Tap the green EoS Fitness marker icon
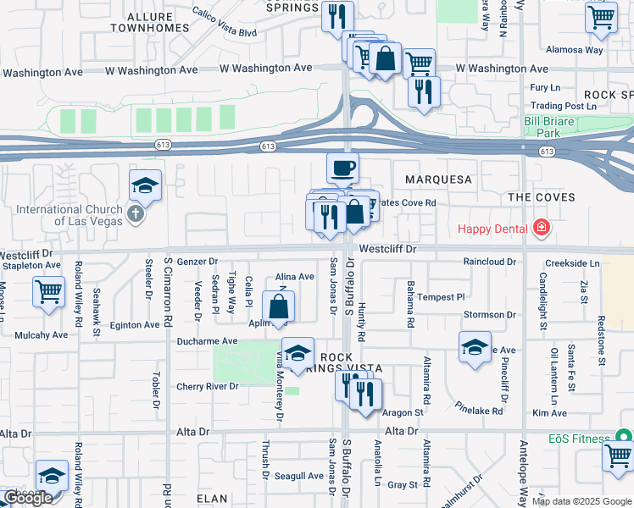point(624,438)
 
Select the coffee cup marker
point(342,168)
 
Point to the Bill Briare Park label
point(553,127)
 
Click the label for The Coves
point(542,197)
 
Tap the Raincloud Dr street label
point(489,262)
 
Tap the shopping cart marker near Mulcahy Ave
point(48,292)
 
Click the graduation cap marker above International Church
point(146,185)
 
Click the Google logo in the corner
point(28,498)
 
